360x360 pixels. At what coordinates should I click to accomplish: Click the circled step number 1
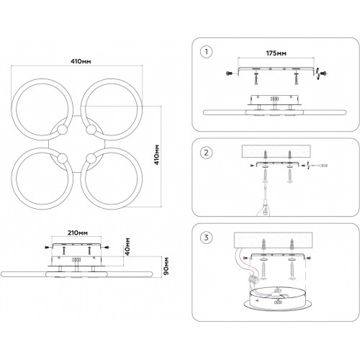[206, 52]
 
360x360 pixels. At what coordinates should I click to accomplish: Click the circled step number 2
[206, 153]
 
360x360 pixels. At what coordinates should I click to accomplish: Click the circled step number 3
[206, 238]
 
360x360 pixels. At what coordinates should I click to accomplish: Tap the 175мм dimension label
[276, 53]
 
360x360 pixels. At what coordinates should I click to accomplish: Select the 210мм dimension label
[77, 233]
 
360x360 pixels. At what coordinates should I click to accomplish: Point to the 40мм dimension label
[127, 246]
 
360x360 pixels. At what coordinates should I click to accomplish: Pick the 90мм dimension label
[166, 266]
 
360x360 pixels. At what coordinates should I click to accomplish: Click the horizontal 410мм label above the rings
[81, 61]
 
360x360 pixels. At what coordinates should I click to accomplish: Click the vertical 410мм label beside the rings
[156, 155]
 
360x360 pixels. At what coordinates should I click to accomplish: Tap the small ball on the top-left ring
[62, 130]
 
